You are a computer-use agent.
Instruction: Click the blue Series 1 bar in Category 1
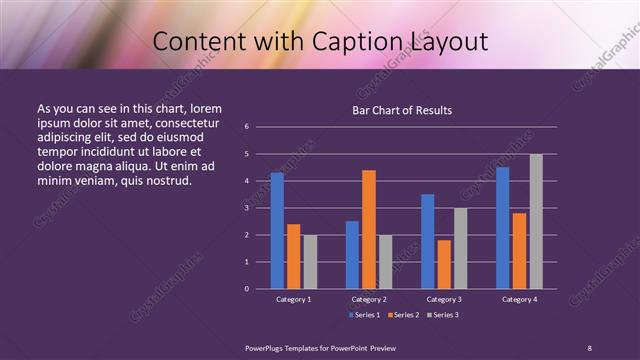[277, 231]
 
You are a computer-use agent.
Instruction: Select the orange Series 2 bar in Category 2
[369, 229]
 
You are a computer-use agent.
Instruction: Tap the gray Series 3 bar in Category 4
[536, 221]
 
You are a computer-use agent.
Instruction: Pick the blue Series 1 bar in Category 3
[428, 241]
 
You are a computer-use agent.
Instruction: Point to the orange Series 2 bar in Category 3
[444, 264]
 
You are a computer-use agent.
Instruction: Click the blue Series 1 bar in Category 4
[503, 228]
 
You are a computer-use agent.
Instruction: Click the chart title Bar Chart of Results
[403, 110]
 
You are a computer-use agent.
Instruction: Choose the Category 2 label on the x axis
[369, 299]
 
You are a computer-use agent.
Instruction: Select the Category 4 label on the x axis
[519, 299]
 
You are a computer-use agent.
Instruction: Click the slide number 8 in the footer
[589, 346]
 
